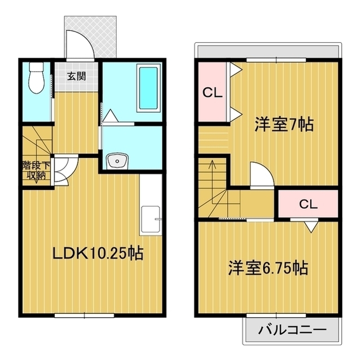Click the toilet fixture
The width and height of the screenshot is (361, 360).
click(37, 78)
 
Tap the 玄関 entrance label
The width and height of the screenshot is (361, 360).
click(77, 76)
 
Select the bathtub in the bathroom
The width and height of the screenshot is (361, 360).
click(148, 88)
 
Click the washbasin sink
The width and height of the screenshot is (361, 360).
click(117, 161)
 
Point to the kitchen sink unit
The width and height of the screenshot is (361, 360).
click(151, 220)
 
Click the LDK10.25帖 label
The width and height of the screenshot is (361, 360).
click(98, 253)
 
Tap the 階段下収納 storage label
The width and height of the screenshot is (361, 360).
click(36, 170)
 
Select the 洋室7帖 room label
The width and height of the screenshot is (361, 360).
click(284, 125)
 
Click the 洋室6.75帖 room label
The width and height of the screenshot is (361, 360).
click(268, 268)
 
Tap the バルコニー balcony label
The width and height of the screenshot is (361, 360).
click(292, 330)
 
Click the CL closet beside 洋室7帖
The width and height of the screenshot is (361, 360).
click(212, 92)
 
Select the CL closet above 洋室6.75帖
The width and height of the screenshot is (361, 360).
click(308, 204)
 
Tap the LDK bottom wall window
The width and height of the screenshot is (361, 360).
click(84, 315)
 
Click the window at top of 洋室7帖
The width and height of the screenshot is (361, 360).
click(276, 60)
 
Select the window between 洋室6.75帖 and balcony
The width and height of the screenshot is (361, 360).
click(276, 315)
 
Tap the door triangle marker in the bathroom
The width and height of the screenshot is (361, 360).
click(111, 115)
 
